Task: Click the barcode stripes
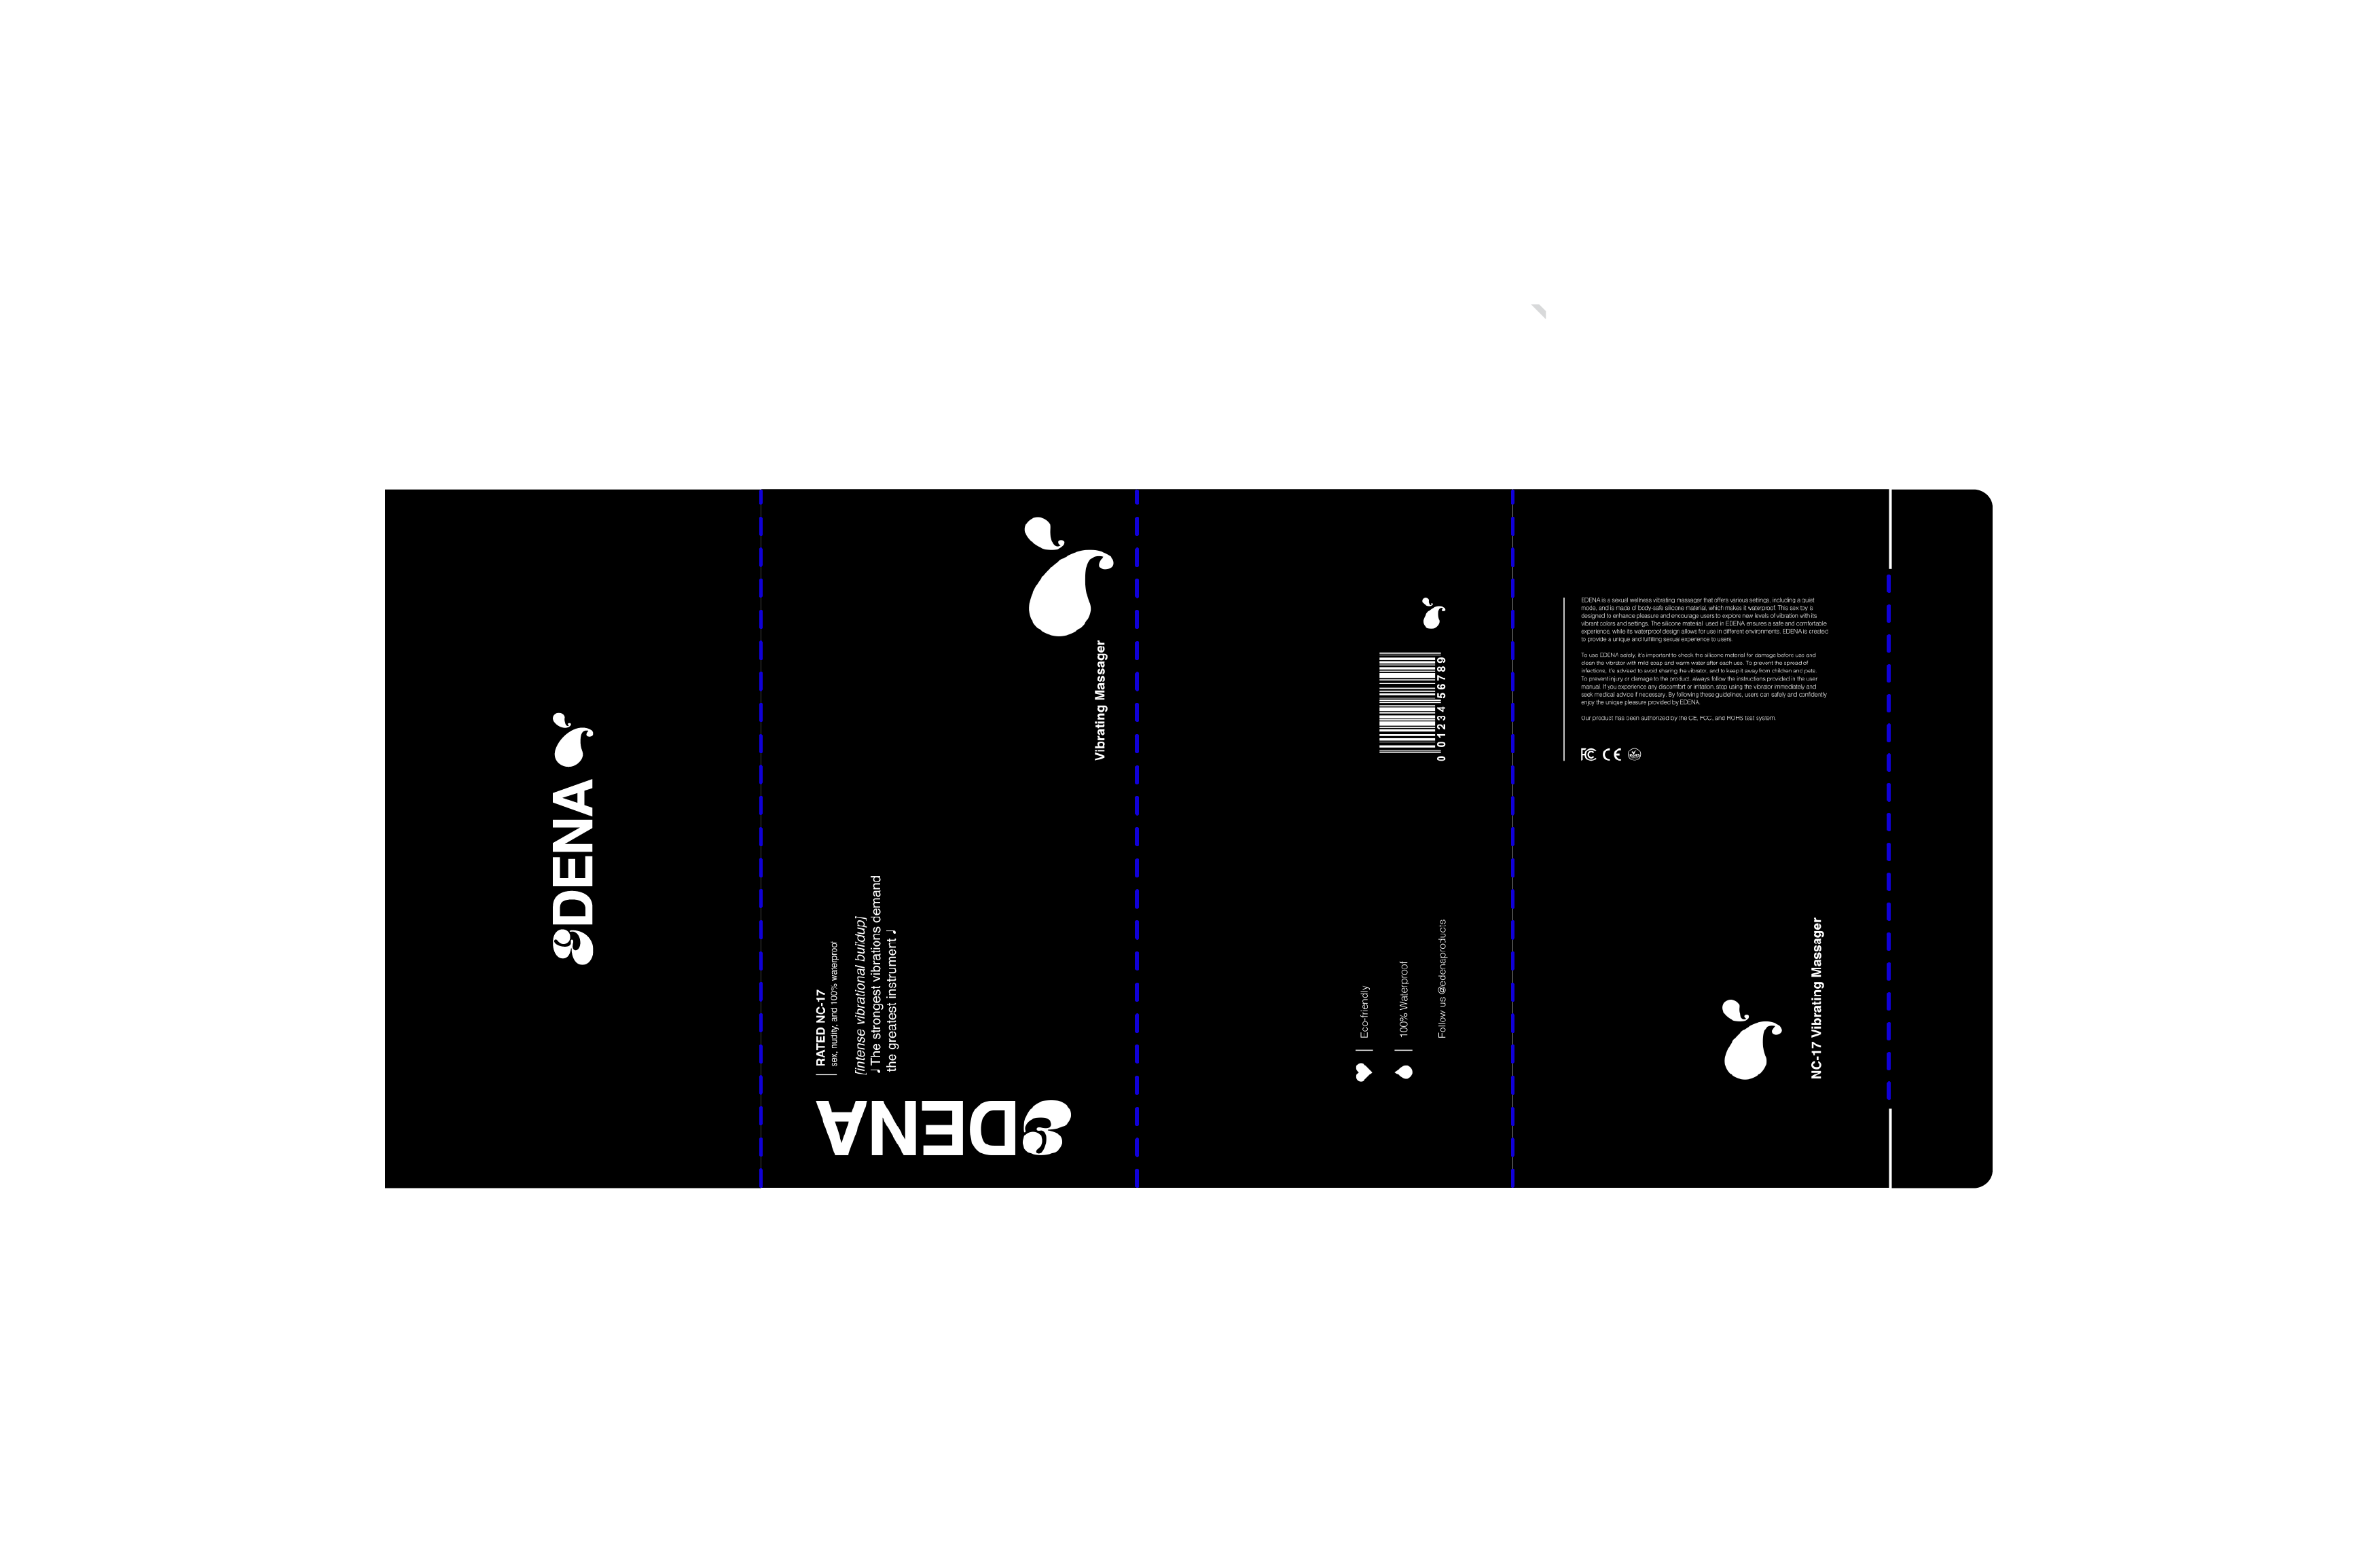point(1409,702)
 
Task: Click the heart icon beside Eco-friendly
point(1363,1072)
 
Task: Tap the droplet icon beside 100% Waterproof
point(1404,1072)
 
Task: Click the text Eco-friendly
point(1365,1012)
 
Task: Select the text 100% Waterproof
point(1403,999)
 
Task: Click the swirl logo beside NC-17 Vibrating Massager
point(1749,1040)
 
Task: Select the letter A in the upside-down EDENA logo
point(841,1129)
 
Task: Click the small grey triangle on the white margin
point(1539,310)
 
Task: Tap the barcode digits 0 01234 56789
point(1441,708)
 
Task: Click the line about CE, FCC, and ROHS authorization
point(1678,718)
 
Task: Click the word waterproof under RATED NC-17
point(834,960)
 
